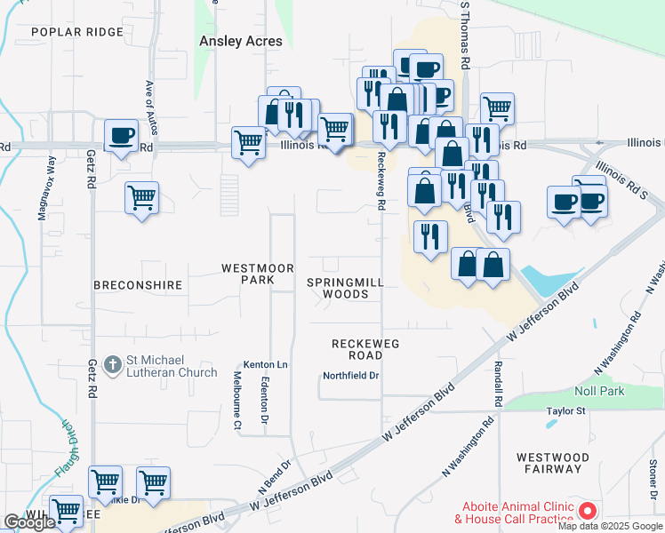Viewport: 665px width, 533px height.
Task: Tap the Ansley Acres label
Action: (240, 41)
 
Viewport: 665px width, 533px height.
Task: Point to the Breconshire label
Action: (139, 285)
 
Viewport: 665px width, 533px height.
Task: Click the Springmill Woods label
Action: (345, 288)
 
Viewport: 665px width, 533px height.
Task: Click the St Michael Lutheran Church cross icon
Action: (113, 364)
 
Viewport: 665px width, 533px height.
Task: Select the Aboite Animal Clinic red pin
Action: (587, 511)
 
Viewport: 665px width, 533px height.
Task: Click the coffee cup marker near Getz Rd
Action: (121, 136)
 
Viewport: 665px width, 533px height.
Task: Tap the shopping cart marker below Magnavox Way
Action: (141, 197)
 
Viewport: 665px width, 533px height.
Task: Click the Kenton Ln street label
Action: (266, 365)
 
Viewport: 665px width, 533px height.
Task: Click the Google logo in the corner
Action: (29, 522)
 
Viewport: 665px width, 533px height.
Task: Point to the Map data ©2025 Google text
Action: (611, 526)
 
